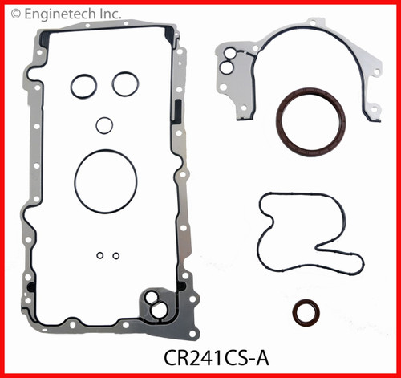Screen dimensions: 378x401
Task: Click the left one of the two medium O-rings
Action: point(83,86)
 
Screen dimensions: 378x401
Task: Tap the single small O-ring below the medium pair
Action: point(103,125)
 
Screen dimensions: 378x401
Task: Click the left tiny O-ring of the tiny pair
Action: point(100,256)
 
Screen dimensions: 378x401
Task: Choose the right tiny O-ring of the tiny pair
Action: point(116,256)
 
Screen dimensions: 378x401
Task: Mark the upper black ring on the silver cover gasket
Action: point(229,55)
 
